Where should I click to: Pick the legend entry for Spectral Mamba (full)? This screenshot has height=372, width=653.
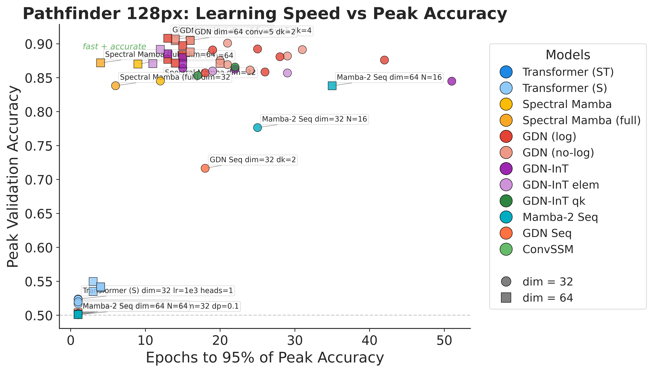click(x=581, y=120)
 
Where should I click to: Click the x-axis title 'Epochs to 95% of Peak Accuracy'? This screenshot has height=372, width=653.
click(x=265, y=358)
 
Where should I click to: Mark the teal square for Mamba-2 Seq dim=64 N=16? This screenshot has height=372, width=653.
click(x=332, y=86)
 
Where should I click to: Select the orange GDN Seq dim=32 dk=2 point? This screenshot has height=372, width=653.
click(x=205, y=168)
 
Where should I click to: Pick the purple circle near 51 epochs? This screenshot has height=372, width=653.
click(x=452, y=81)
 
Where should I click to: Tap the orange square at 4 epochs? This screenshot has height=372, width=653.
click(x=100, y=63)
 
